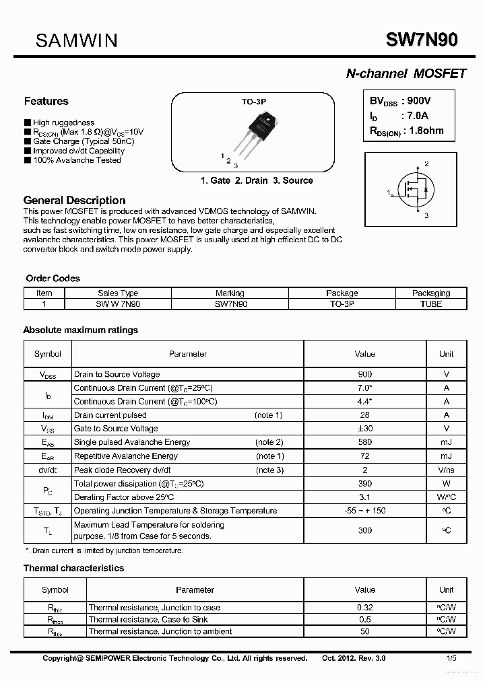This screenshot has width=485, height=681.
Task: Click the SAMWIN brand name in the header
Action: pyautogui.click(x=76, y=40)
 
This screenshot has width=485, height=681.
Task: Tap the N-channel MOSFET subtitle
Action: pyautogui.click(x=406, y=74)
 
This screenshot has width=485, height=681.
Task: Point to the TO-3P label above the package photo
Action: pyautogui.click(x=254, y=102)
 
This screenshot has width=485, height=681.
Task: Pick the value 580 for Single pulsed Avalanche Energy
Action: pyautogui.click(x=364, y=442)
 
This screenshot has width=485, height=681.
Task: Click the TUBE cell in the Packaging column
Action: pyautogui.click(x=430, y=303)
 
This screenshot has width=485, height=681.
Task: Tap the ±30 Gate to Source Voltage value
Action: pyautogui.click(x=364, y=429)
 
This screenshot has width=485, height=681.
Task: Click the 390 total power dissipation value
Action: pyautogui.click(x=364, y=484)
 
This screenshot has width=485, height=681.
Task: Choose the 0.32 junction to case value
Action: pyautogui.click(x=364, y=608)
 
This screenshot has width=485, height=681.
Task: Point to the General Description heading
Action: pyautogui.click(x=74, y=200)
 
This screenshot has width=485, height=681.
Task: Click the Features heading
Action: pyautogui.click(x=46, y=102)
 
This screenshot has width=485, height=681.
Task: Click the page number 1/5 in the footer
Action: pyautogui.click(x=450, y=658)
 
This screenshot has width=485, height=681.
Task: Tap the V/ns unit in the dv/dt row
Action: pyautogui.click(x=446, y=470)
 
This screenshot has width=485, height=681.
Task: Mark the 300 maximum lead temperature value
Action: pyautogui.click(x=364, y=530)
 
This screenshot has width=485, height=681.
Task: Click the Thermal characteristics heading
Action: pyautogui.click(x=73, y=568)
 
